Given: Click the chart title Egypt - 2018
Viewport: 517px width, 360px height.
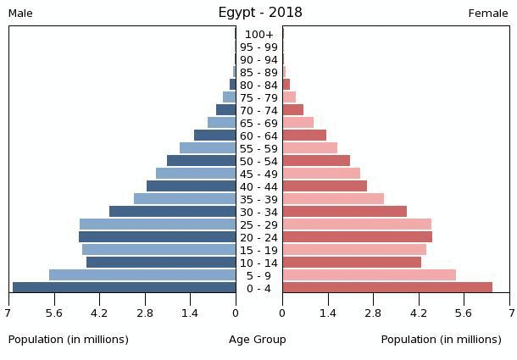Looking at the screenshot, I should click(x=259, y=12).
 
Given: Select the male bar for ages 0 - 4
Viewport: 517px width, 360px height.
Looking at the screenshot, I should click(x=124, y=288).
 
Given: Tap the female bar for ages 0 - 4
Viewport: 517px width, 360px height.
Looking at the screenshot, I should click(x=387, y=288).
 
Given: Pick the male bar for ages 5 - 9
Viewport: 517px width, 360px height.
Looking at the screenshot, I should click(x=142, y=275).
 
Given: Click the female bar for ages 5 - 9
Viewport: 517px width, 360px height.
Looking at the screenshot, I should click(x=369, y=275).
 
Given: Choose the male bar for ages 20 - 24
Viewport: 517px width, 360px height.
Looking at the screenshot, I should click(x=157, y=237).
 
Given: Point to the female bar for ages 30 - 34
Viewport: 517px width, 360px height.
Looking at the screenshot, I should click(x=344, y=212).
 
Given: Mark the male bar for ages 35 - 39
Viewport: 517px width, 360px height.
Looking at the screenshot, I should click(x=185, y=199).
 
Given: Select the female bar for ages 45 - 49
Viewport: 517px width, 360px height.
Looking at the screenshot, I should click(x=321, y=174).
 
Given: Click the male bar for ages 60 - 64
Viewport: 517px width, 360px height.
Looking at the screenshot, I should click(x=214, y=136).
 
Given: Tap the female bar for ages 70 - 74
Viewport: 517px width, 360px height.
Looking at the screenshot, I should click(x=292, y=110).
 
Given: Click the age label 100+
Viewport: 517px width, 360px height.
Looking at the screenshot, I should click(x=258, y=35).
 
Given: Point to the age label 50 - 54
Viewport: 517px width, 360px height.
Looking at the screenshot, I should click(x=258, y=162).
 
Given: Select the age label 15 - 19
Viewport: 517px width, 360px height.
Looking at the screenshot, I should click(x=258, y=251).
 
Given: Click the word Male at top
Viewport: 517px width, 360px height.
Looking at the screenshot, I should click(x=20, y=14).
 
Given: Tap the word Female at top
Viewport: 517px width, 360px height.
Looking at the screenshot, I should click(x=488, y=14).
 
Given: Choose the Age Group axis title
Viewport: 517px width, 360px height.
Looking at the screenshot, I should click(x=258, y=340).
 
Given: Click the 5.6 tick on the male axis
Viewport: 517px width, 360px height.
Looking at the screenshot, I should click(x=54, y=313).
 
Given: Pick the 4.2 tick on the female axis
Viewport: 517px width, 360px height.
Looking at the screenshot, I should click(x=419, y=313).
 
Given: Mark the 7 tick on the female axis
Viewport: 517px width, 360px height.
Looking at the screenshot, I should click(x=510, y=313).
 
